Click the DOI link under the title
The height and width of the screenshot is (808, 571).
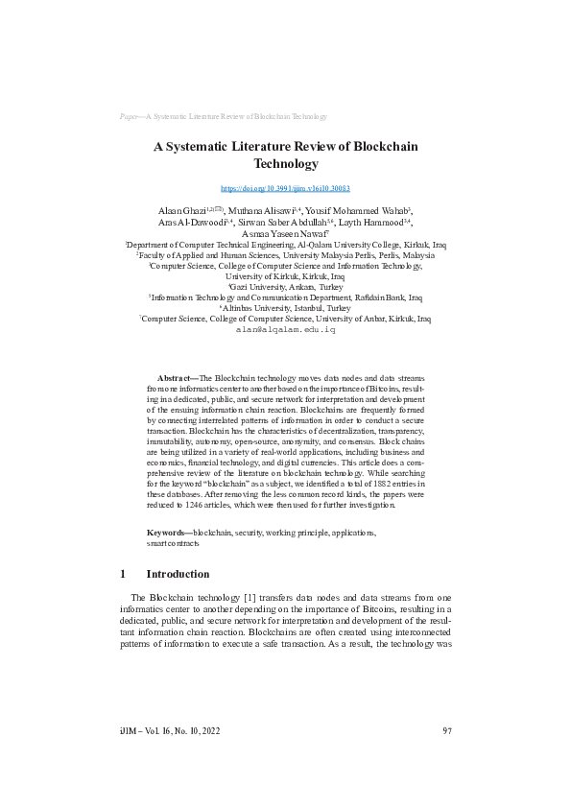click(285, 190)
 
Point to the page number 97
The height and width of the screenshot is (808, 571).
click(447, 731)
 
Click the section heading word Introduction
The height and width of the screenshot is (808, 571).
click(178, 574)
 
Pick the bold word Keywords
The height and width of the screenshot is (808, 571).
click(169, 532)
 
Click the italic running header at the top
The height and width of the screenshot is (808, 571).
click(224, 115)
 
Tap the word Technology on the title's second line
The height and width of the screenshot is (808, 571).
click(285, 164)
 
